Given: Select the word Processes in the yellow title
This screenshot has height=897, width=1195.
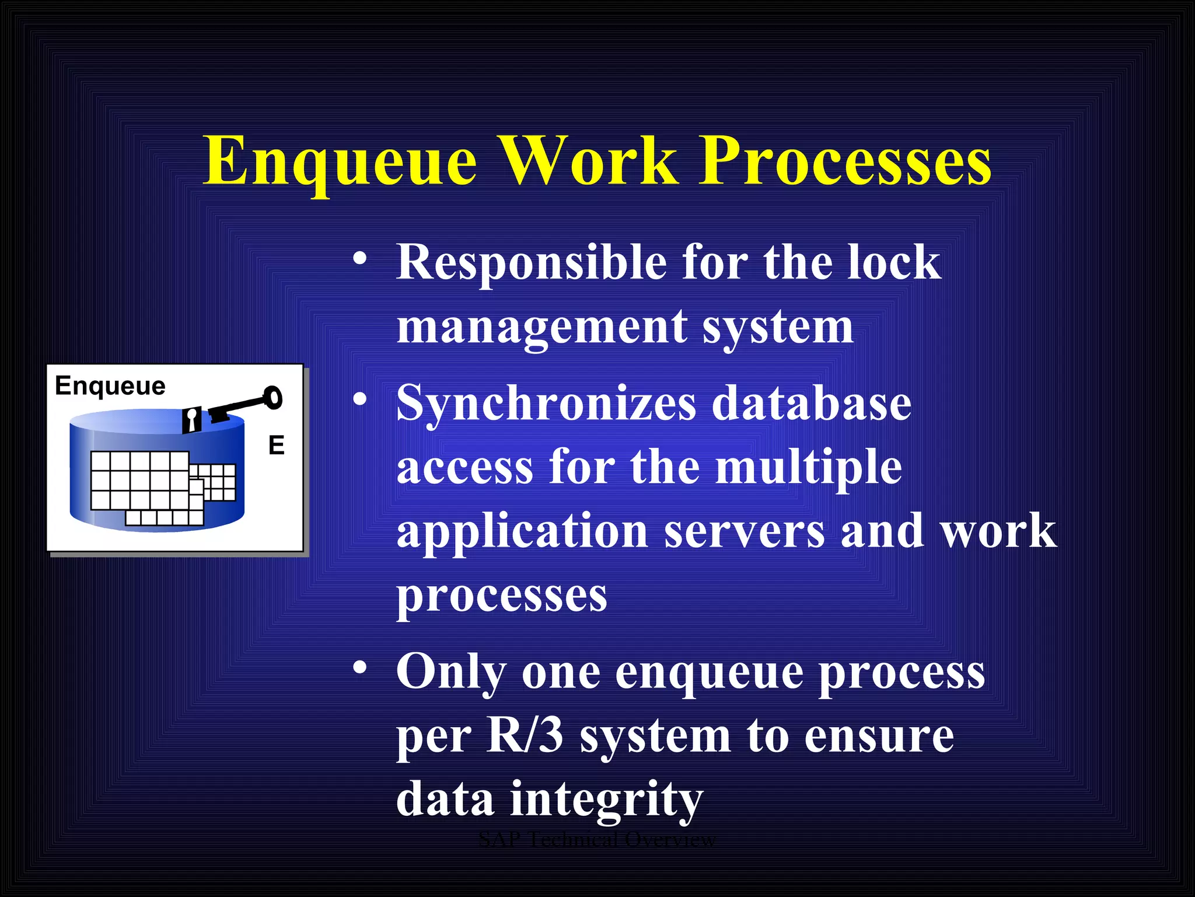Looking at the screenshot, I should (x=845, y=162).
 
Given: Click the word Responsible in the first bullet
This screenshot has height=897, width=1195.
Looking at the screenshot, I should (x=531, y=262).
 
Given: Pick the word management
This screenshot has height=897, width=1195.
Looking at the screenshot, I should (x=542, y=327).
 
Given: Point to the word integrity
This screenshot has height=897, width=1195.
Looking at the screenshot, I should (x=607, y=800).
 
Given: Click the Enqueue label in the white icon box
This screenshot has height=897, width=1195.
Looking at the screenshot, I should (x=110, y=386).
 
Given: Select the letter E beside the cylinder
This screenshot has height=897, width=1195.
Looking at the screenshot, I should (x=276, y=446).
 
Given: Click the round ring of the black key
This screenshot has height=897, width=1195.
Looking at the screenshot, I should (x=272, y=398).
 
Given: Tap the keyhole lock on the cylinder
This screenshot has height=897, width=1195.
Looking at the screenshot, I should (x=191, y=420).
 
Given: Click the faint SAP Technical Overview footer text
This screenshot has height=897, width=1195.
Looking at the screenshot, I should (x=596, y=840).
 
